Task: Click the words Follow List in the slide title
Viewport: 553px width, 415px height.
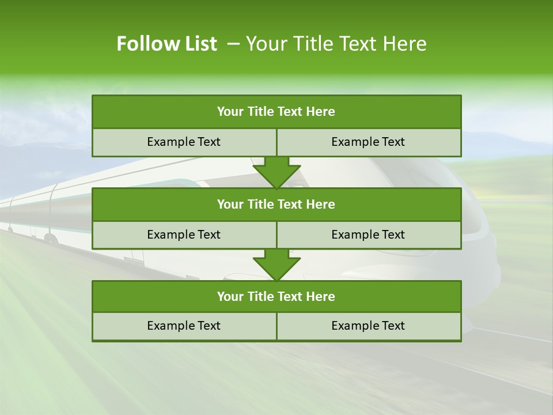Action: tap(166, 44)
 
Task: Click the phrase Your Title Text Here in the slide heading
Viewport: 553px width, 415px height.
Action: tap(336, 44)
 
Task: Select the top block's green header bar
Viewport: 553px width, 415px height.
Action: tap(276, 112)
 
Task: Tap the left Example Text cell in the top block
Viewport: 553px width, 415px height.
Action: tap(184, 142)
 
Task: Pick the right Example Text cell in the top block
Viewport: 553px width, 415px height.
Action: tap(368, 142)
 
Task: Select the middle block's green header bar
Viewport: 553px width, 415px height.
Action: tap(276, 204)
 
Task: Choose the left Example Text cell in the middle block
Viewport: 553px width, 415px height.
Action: tap(184, 235)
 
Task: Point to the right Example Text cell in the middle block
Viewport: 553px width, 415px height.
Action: tap(368, 235)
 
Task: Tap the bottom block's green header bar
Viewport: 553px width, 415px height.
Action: tap(276, 296)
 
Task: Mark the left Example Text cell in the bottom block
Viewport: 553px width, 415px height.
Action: tap(184, 326)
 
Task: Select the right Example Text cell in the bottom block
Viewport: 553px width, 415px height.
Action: tap(368, 326)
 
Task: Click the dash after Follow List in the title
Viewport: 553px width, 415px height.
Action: tap(233, 44)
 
